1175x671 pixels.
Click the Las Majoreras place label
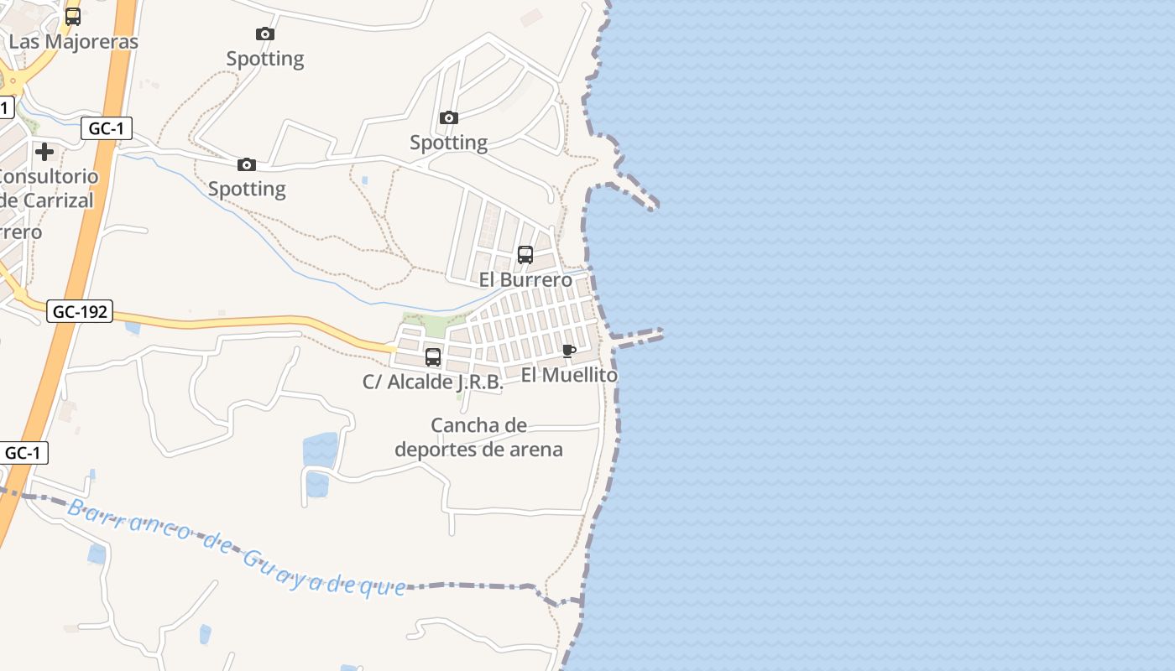tap(74, 41)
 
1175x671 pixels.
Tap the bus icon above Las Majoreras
tap(73, 16)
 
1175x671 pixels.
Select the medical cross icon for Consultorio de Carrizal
tap(44, 152)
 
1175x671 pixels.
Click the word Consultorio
tap(49, 177)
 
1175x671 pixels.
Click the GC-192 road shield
tap(80, 311)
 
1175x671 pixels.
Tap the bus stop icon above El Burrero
tap(525, 255)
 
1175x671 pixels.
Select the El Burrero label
tap(525, 279)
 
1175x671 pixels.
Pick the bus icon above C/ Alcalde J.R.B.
tap(433, 357)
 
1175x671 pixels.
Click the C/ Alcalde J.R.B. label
tap(433, 382)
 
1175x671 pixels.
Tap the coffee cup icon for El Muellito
tap(569, 351)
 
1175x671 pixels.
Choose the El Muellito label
tap(569, 375)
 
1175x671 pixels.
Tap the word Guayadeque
tap(323, 572)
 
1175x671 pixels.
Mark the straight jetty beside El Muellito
tap(638, 337)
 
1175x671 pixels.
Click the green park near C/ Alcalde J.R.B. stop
tap(432, 325)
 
